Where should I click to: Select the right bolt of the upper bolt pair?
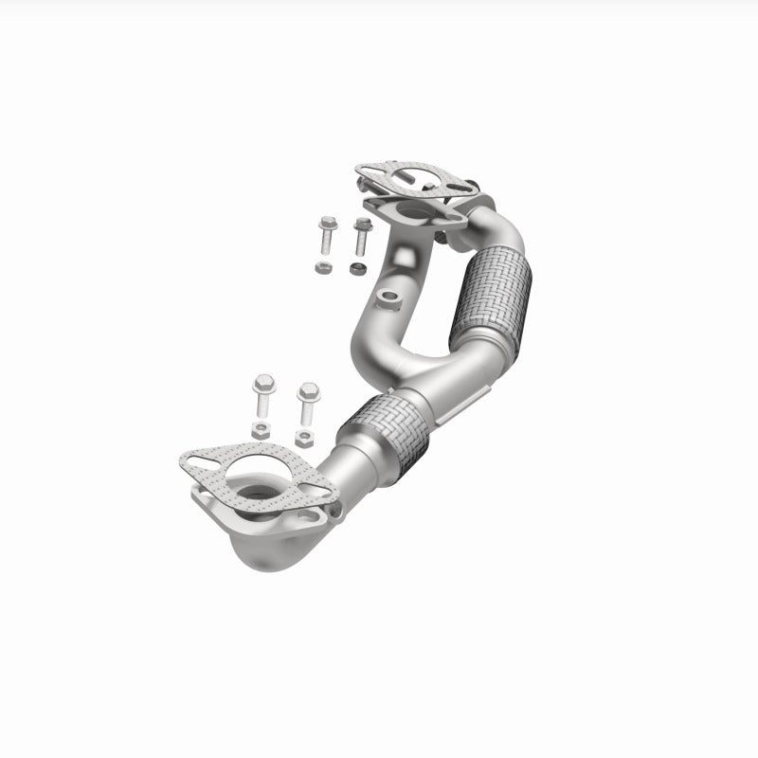click(361, 235)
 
